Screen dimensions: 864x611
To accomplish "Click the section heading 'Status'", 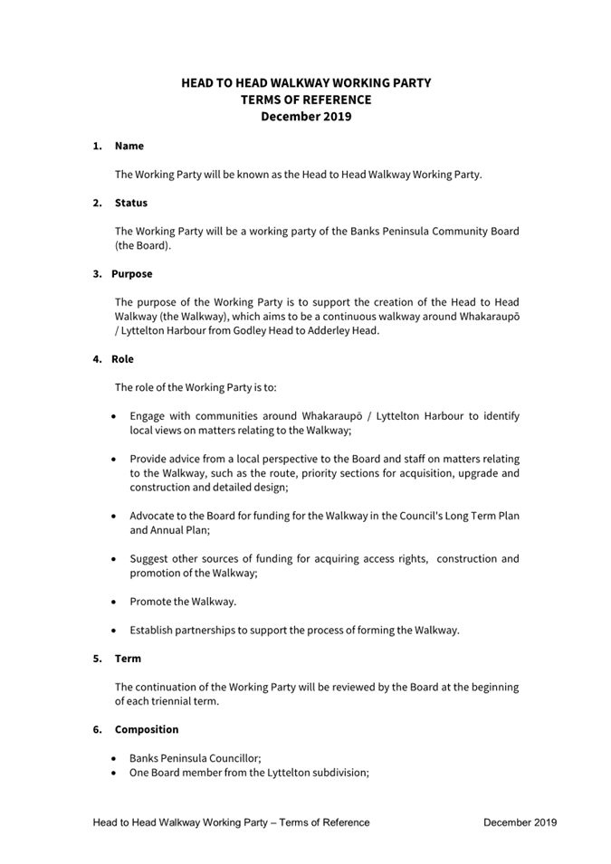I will (130, 203).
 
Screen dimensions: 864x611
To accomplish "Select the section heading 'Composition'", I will (147, 729).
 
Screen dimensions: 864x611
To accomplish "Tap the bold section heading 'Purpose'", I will (132, 273).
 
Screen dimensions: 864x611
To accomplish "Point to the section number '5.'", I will (97, 659).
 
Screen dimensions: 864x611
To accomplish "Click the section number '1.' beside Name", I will (97, 146).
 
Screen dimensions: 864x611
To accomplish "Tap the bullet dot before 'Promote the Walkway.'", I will (112, 601).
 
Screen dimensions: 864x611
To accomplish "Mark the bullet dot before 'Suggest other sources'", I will (112, 559).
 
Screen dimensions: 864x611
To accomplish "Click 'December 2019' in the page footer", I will (520, 822).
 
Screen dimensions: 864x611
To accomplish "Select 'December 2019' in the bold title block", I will (306, 117).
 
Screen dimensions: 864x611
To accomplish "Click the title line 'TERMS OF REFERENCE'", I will (306, 100).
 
